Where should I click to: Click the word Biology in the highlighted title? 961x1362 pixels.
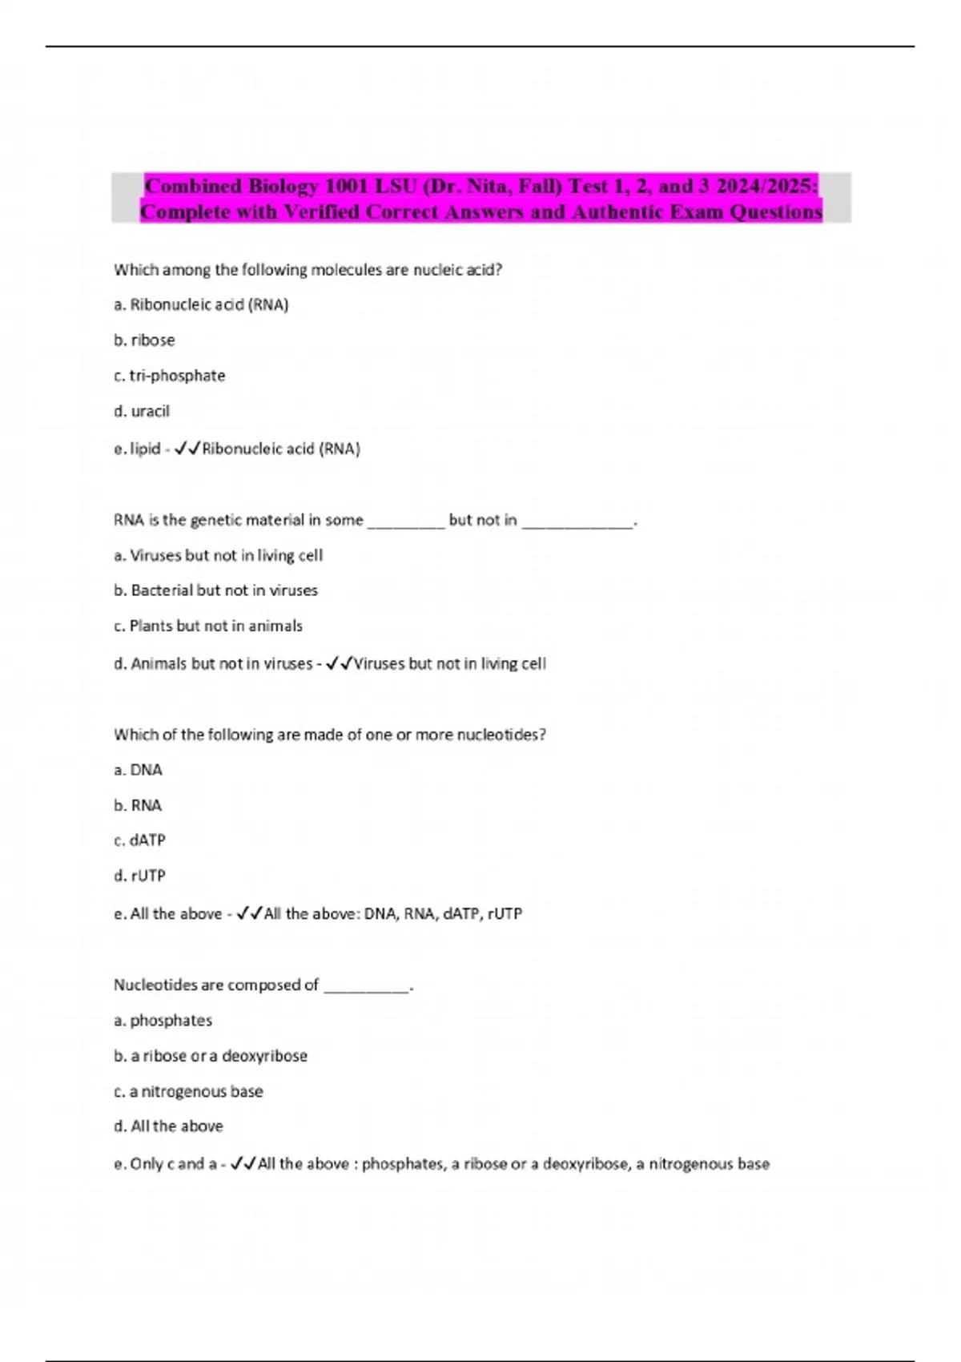pyautogui.click(x=283, y=187)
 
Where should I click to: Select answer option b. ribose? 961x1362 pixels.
pyautogui.click(x=144, y=340)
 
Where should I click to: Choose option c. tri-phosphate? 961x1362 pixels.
pyautogui.click(x=169, y=376)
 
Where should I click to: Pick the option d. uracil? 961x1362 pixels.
pyautogui.click(x=142, y=412)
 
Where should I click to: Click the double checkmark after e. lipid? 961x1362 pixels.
pyautogui.click(x=187, y=449)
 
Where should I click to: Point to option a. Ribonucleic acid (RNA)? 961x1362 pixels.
pyautogui.click(x=201, y=305)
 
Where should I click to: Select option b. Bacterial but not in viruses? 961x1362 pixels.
pyautogui.click(x=215, y=590)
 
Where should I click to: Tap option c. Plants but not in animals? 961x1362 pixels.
pyautogui.click(x=208, y=626)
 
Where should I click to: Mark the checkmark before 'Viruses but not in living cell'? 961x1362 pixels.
pyautogui.click(x=340, y=664)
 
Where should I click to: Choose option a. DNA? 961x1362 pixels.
pyautogui.click(x=138, y=770)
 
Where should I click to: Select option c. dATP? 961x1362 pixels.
pyautogui.click(x=139, y=840)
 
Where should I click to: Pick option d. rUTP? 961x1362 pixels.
pyautogui.click(x=139, y=876)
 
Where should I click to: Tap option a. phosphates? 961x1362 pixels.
pyautogui.click(x=163, y=1021)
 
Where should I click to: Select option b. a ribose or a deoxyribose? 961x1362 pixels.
pyautogui.click(x=211, y=1056)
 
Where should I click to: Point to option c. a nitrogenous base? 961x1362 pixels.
pyautogui.click(x=188, y=1091)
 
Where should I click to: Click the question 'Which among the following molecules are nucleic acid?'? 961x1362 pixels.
pyautogui.click(x=308, y=270)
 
